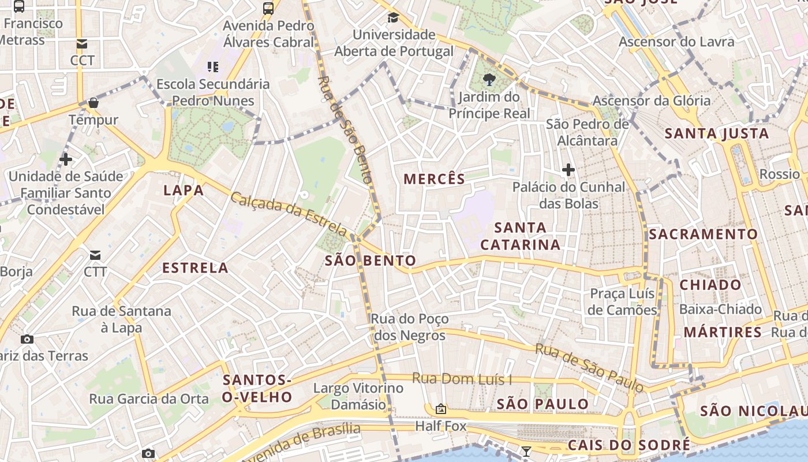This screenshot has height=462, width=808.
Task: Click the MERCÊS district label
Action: [x=434, y=179]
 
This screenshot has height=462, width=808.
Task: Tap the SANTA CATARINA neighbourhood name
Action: [x=520, y=236]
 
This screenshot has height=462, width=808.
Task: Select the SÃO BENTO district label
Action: [x=370, y=260]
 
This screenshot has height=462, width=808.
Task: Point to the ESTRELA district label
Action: [x=195, y=268]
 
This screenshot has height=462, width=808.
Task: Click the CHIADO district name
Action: [x=710, y=285]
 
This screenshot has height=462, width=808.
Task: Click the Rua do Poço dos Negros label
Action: [x=409, y=327]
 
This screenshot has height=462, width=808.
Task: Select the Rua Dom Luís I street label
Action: [x=462, y=379]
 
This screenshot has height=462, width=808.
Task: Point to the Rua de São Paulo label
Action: [x=589, y=367]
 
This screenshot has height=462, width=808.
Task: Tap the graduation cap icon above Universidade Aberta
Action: [x=393, y=18]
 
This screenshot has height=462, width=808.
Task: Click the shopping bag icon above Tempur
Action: [x=93, y=103]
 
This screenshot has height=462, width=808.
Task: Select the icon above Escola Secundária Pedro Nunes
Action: [x=213, y=67]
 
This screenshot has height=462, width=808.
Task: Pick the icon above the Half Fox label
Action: [x=441, y=409]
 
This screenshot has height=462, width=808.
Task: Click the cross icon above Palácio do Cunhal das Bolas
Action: [x=568, y=170]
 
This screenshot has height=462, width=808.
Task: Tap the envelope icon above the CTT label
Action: [x=95, y=255]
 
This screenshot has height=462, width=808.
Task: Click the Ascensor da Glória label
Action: [x=652, y=100]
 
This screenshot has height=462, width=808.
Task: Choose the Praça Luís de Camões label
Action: [x=623, y=302]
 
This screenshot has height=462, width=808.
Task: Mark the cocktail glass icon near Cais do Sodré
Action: [x=526, y=451]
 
